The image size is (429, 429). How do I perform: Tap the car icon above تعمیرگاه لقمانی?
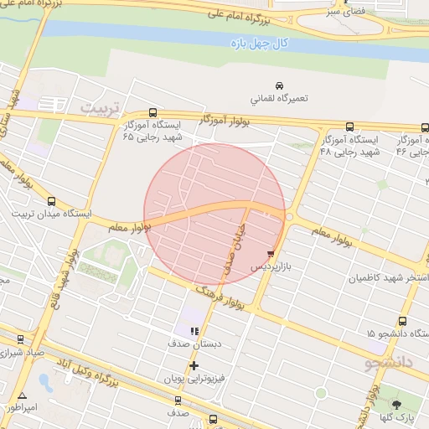[x=279, y=85]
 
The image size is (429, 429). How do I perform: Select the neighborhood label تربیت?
[x=101, y=108]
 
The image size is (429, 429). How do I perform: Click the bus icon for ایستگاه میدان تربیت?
[x=52, y=201]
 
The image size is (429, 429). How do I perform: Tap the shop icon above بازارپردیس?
[x=270, y=252]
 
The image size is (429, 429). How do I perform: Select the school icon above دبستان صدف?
[x=194, y=331]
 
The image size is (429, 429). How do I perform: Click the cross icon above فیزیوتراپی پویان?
[x=194, y=365]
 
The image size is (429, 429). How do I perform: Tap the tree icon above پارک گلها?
[x=396, y=405]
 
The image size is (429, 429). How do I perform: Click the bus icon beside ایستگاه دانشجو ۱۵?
[x=403, y=321]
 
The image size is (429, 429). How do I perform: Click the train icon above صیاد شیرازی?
[x=20, y=339]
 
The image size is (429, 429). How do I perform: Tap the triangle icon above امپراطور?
[x=22, y=395]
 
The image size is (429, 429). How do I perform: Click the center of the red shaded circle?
[x=215, y=214]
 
